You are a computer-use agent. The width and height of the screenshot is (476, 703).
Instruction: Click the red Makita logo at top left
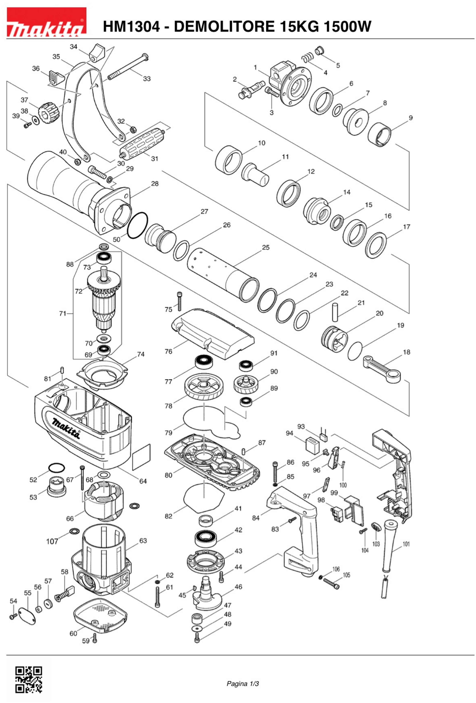coord(47,22)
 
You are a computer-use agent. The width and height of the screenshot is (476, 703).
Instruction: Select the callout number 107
coord(52,541)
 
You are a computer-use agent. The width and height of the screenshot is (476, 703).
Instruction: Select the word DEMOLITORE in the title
coord(224,27)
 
